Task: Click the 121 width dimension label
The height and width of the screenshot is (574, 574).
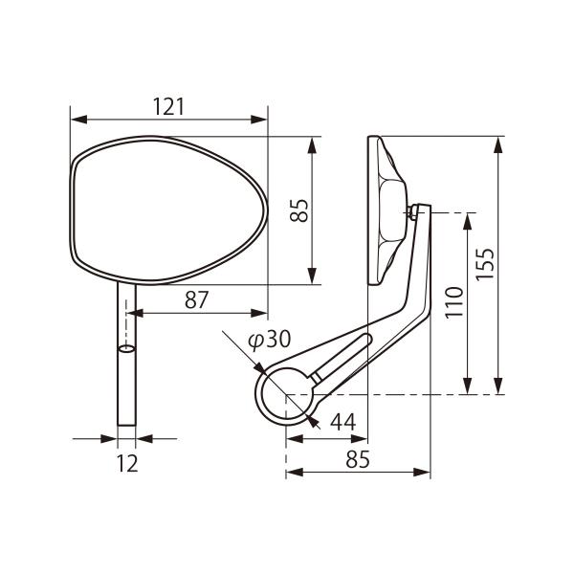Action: point(168,106)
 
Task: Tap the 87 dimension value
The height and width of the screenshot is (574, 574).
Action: point(196,299)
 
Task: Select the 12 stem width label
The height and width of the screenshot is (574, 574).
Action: point(127,463)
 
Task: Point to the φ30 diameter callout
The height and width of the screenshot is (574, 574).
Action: point(270,339)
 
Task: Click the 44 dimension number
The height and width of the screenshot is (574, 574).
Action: point(343,422)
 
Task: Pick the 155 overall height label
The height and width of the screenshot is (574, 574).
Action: point(485,265)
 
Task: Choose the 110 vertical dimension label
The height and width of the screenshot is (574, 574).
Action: point(454,303)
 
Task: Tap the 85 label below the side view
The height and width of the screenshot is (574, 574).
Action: point(358,459)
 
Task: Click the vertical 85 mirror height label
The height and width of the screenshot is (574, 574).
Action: point(298,210)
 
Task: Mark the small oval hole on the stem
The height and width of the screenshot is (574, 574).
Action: point(126,348)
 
